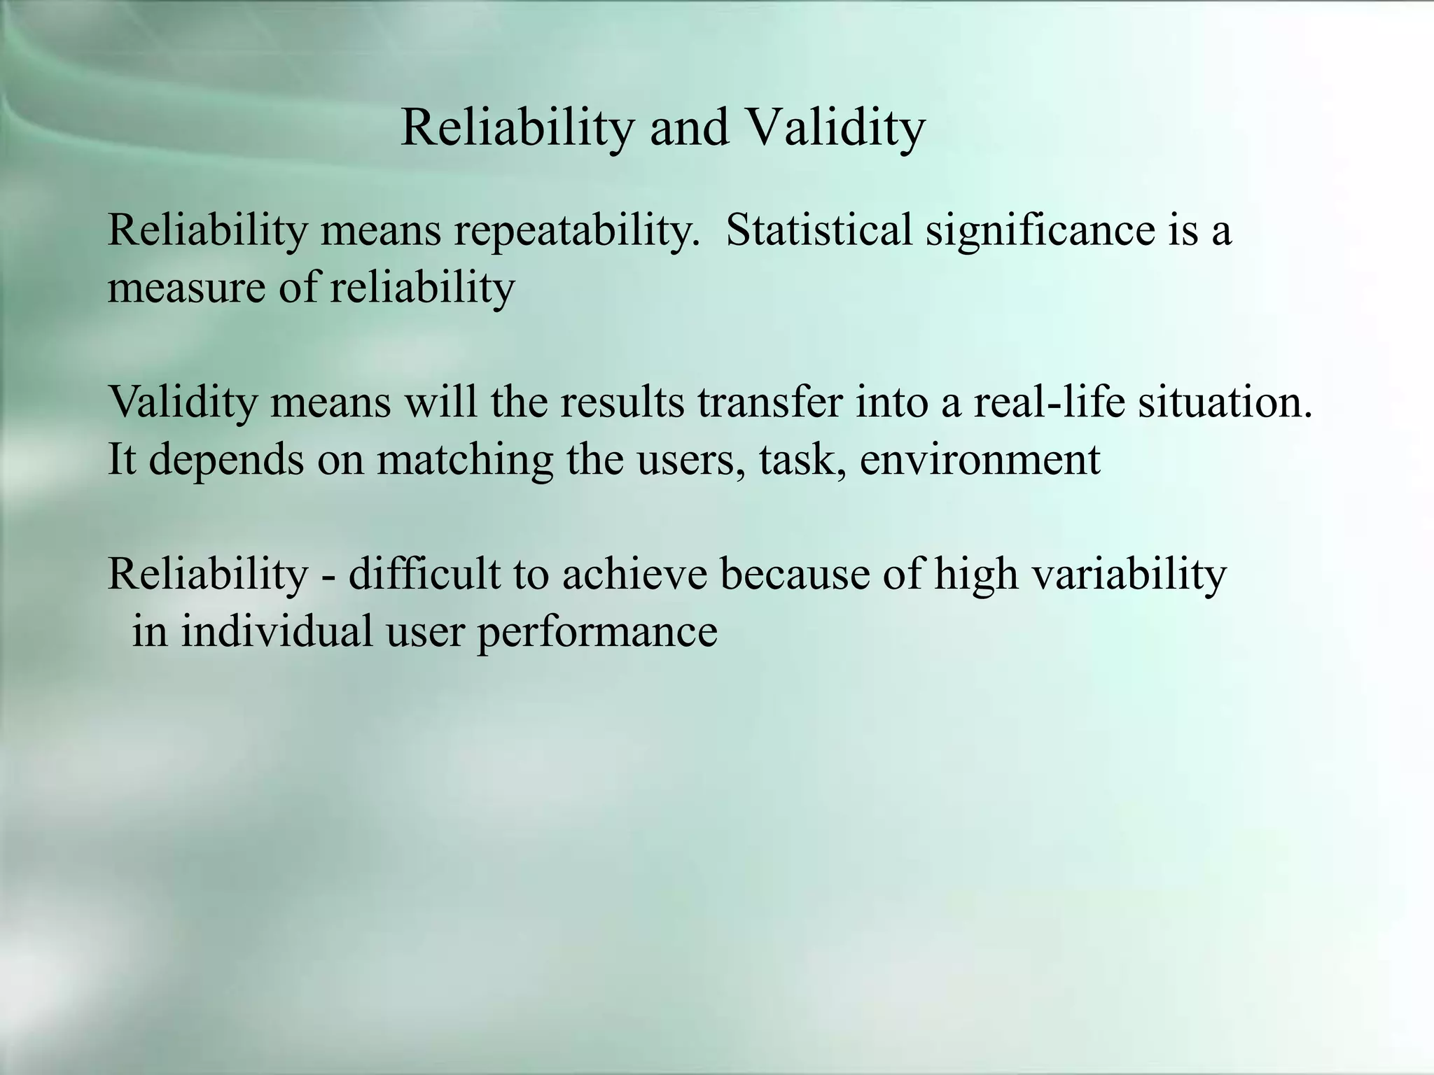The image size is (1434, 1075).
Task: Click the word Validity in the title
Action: [x=835, y=127]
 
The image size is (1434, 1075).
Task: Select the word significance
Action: [x=1040, y=231]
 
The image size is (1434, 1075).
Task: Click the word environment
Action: [x=980, y=460]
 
